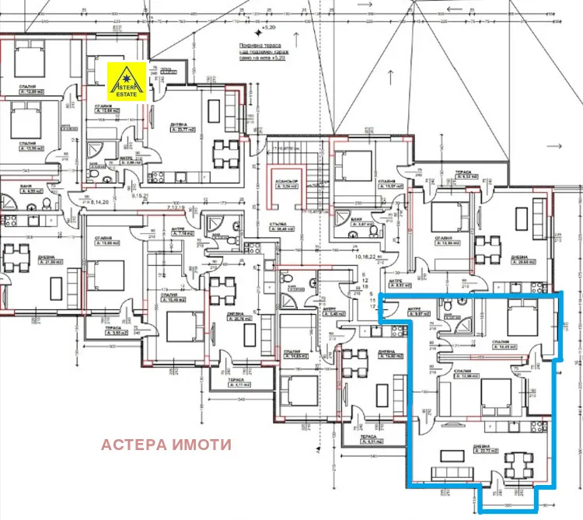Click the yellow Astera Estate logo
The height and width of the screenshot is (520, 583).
(x=127, y=81)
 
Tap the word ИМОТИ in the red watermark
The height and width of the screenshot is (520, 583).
(x=204, y=445)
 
